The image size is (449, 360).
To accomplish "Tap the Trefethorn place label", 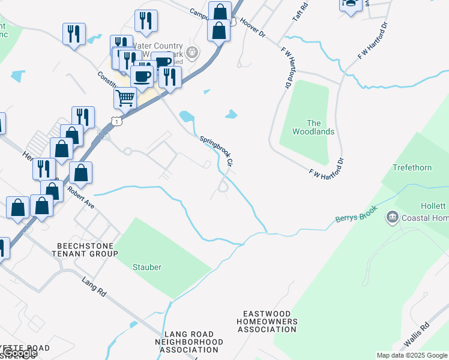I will (412, 167).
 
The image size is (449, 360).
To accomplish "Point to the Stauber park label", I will (147, 267).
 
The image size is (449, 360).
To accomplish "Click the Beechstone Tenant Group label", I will (87, 250).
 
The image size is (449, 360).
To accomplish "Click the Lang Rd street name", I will (94, 287).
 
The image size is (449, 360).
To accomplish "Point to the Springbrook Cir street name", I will (216, 151).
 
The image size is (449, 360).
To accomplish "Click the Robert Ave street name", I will (81, 196).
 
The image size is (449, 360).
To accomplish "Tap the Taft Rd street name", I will (300, 13).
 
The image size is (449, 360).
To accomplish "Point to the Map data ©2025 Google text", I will (411, 355).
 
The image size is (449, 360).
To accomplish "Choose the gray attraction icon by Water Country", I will (191, 52).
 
